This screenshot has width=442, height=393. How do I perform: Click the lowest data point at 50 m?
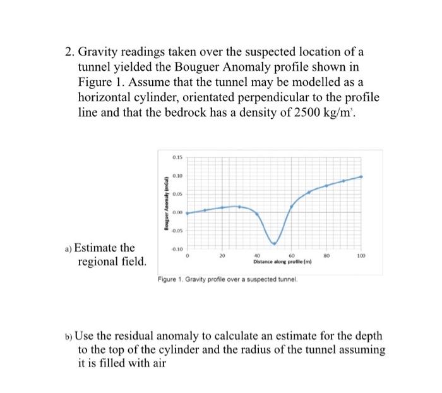point(274,243)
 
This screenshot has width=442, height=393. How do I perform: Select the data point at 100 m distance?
point(361,176)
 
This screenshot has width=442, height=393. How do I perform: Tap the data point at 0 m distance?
point(188,213)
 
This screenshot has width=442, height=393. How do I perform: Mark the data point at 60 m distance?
point(291,206)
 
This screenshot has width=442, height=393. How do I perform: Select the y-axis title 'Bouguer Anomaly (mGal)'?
point(167,201)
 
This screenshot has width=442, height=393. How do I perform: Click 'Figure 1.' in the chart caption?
point(168,279)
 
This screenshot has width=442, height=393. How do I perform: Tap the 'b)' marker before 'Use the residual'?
point(69,334)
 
